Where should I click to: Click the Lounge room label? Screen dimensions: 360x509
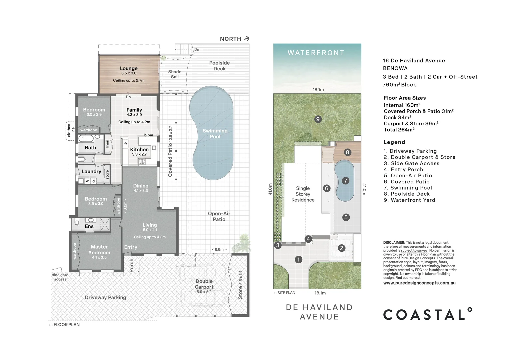tap(129, 68)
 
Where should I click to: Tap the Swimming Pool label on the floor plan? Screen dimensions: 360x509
tap(215, 134)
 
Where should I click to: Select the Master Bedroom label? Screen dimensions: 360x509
tap(99, 250)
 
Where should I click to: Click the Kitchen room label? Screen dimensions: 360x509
tap(139, 150)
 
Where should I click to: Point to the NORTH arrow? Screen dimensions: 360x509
tap(247, 39)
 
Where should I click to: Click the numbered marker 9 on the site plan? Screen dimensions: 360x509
tap(318, 119)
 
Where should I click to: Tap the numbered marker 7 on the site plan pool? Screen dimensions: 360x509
tap(345, 181)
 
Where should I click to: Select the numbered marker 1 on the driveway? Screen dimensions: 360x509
tap(298, 259)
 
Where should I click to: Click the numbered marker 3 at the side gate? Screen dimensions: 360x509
tap(278, 245)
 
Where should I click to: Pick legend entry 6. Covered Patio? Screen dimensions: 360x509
tap(406, 182)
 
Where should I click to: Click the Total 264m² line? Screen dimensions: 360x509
tap(399, 130)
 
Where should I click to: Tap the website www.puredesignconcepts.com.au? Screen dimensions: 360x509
tap(419, 283)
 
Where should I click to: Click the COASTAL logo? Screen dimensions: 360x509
tap(427, 314)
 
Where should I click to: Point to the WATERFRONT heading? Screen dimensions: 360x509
tap(316, 53)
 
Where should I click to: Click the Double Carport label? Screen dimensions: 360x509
tap(204, 284)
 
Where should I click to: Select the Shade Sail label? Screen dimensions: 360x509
tap(175, 74)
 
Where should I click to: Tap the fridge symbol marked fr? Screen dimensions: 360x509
tap(126, 144)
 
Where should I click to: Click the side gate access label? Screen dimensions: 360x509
tap(60, 277)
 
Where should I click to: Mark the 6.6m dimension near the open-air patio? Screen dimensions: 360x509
tap(219, 249)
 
